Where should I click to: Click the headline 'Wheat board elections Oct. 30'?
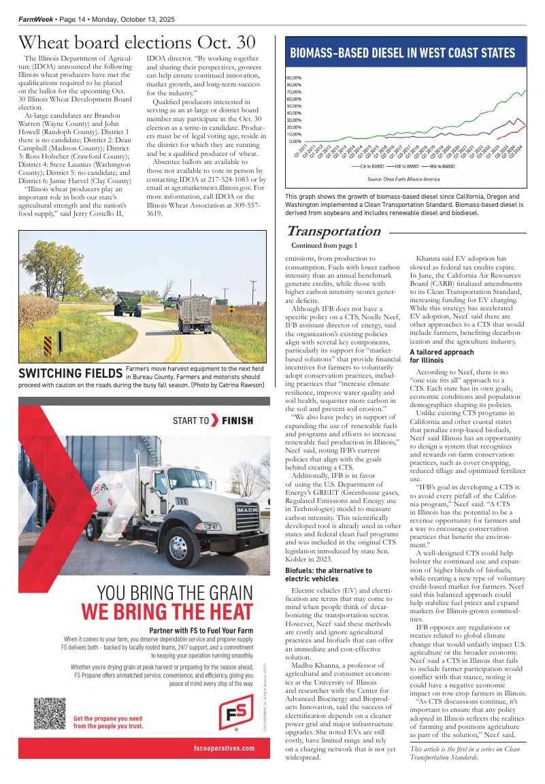click(137, 44)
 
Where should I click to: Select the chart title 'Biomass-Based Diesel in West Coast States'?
click(403, 53)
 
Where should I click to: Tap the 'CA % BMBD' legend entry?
click(369, 165)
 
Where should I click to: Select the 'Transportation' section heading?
click(333, 231)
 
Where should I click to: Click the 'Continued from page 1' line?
click(324, 245)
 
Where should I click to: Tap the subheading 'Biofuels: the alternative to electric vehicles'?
click(329, 574)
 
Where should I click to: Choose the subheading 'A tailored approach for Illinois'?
click(442, 356)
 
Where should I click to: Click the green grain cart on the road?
click(127, 303)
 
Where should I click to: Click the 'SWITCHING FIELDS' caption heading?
click(71, 373)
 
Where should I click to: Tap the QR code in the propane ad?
click(50, 713)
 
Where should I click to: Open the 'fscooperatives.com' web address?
click(224, 748)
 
